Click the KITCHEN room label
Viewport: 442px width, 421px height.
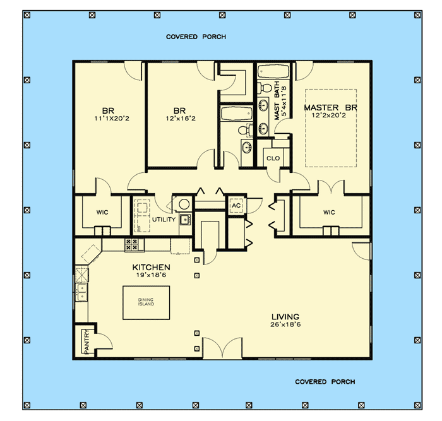point(151,268)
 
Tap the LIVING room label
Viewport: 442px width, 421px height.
point(285,317)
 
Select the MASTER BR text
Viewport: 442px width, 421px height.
point(331,108)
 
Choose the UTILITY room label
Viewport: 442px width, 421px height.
point(163,219)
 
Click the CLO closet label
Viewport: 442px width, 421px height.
point(273,158)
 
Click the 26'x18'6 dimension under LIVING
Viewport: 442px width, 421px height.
point(285,326)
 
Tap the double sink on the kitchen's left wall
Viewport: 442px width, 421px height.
point(82,292)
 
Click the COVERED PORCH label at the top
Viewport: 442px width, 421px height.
point(196,37)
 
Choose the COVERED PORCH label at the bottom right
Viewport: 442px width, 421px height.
point(325,382)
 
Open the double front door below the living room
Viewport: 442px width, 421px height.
point(222,348)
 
